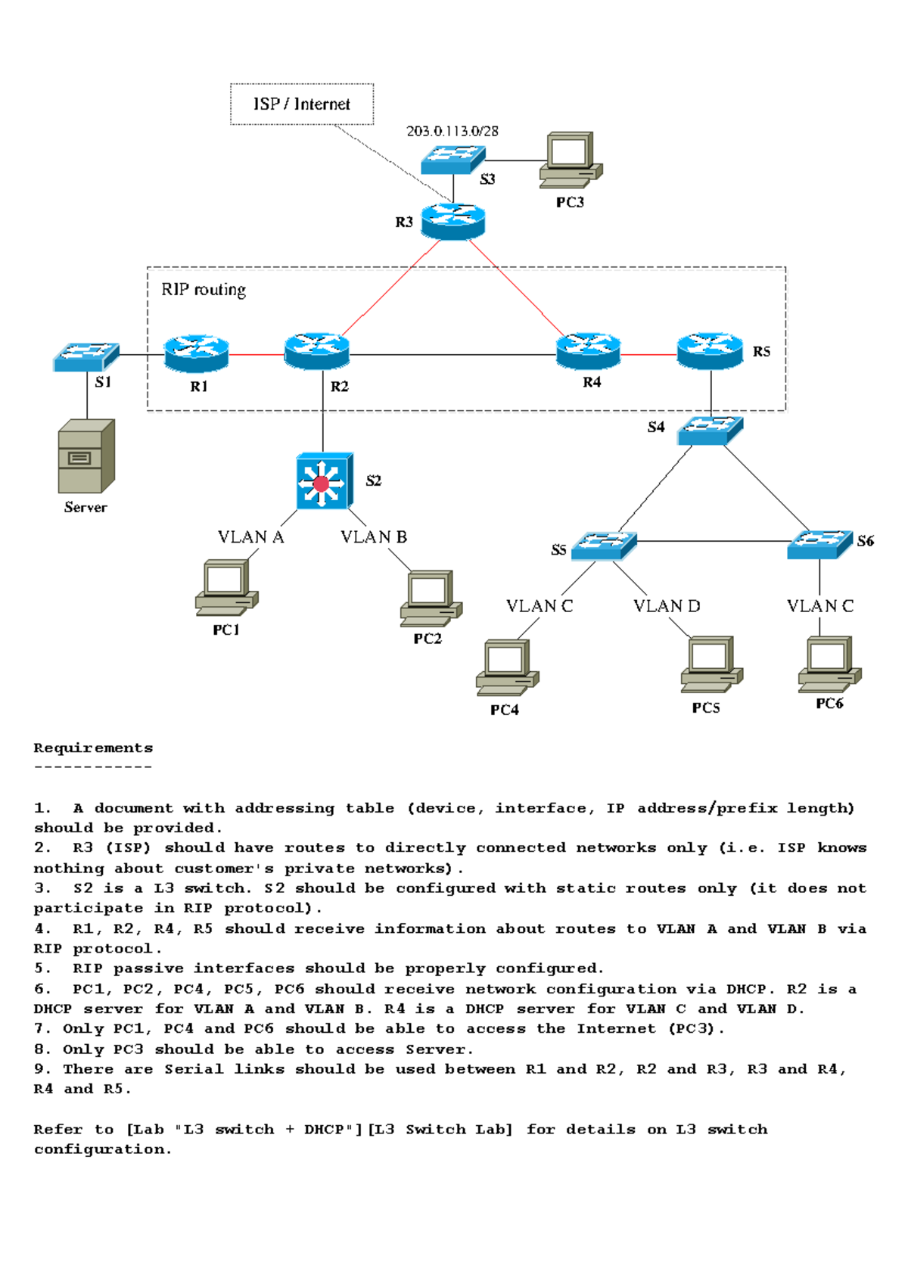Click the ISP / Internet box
(301, 104)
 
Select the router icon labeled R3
(452, 221)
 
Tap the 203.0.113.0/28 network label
(452, 131)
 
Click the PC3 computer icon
(571, 160)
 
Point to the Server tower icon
(86, 456)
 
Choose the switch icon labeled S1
(86, 356)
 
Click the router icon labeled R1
(197, 353)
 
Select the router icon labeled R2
(316, 351)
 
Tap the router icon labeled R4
(588, 350)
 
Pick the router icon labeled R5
(710, 350)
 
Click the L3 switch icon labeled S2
(325, 481)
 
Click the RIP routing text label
(204, 290)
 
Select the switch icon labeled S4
(710, 431)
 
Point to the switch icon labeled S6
(819, 543)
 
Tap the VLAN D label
(667, 606)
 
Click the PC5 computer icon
(711, 664)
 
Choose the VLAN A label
(250, 537)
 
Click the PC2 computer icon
(430, 598)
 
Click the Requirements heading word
(93, 748)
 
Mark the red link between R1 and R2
(257, 354)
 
